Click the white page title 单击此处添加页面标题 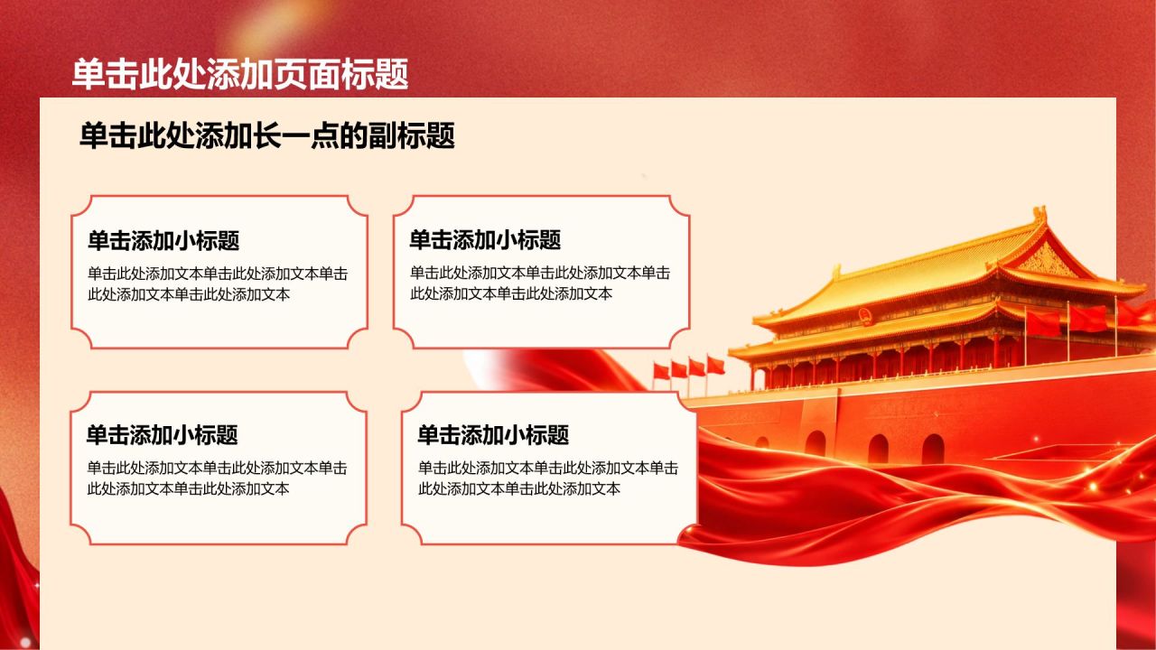point(240,74)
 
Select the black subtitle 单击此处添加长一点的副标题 point(266,135)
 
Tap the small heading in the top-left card point(163,240)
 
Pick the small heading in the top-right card point(485,240)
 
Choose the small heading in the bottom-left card point(162,435)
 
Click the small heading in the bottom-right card point(493,435)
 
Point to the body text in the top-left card point(218,283)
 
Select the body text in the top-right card point(540,283)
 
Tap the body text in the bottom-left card point(217,478)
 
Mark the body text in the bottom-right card point(548,478)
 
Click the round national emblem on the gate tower point(865,316)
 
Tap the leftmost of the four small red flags point(661,371)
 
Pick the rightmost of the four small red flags point(715,365)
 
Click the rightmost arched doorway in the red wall point(933,449)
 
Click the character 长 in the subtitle point(266,135)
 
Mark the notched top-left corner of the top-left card point(81,206)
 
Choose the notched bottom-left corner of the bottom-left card point(81,534)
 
